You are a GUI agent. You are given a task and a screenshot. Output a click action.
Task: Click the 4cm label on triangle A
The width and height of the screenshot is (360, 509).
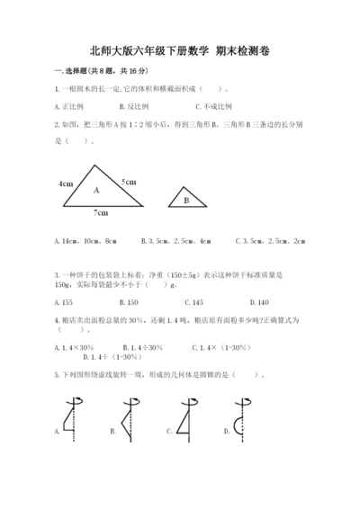click(66, 183)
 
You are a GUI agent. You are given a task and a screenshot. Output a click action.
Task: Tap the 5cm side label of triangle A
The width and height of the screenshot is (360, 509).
click(129, 182)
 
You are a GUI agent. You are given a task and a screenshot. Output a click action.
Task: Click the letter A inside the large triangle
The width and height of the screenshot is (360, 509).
click(95, 191)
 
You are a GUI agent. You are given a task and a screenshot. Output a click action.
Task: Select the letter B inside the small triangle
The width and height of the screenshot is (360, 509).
click(186, 201)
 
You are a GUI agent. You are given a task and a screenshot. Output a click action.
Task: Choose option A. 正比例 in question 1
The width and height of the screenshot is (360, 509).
click(70, 105)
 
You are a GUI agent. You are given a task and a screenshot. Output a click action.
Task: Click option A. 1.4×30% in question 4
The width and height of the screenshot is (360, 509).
click(76, 345)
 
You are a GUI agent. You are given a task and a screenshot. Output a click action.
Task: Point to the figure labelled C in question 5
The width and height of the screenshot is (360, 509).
click(186, 415)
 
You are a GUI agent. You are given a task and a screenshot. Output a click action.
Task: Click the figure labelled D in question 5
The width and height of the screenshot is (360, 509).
click(242, 415)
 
